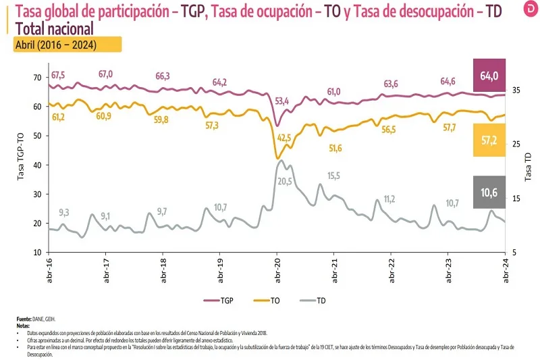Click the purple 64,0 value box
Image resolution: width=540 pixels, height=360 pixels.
[489, 76]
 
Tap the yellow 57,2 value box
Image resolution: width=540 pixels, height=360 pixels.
[489, 140]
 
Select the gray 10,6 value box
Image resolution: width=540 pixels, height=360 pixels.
[489, 192]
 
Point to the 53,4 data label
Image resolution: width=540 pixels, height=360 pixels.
[282, 101]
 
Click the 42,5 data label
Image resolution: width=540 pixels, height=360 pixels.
[284, 138]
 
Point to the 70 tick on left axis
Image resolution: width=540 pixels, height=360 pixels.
[36, 78]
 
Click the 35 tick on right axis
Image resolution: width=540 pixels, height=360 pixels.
[516, 90]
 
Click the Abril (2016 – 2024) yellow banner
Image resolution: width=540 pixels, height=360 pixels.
[67, 45]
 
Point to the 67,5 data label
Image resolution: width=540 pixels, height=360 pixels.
[58, 74]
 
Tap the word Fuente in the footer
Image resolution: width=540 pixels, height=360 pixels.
[25, 319]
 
